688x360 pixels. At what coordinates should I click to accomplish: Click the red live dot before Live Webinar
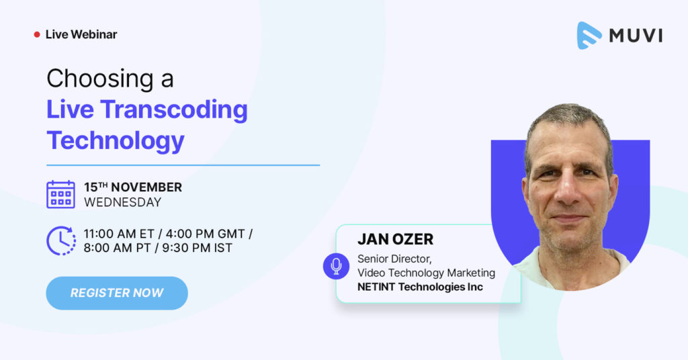point(37,34)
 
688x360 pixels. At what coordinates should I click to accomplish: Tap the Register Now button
point(117,293)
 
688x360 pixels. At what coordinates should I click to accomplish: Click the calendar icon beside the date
point(60,194)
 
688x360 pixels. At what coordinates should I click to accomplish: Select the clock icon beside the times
point(60,240)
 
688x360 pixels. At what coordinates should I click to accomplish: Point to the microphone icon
point(336,266)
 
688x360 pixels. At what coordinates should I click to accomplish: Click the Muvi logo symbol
point(589,36)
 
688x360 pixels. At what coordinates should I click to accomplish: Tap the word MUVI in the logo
point(636,36)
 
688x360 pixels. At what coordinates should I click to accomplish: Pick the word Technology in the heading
point(115,140)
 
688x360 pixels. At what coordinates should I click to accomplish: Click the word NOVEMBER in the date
point(146,187)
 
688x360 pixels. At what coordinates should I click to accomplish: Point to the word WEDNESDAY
point(122,201)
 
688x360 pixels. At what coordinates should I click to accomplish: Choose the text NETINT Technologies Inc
point(420,287)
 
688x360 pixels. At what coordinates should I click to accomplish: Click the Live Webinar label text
point(81,34)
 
